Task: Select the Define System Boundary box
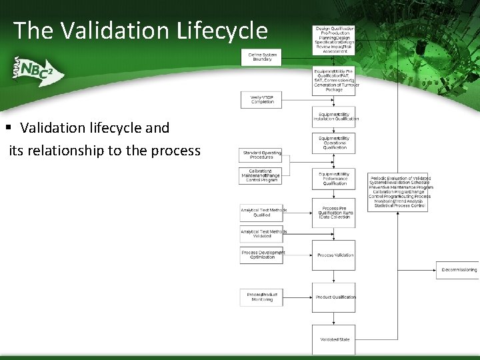[261, 57]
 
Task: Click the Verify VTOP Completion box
[261, 99]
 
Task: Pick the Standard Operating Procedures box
[261, 155]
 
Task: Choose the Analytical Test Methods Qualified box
[261, 213]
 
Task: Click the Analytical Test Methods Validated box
[261, 234]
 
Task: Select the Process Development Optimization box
[261, 255]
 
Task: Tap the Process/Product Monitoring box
[261, 297]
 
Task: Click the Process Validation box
[334, 255]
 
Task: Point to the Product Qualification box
[334, 297]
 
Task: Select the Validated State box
[334, 339]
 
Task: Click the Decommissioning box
[459, 270]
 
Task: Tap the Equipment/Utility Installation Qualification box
[334, 117]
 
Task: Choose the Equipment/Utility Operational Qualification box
[334, 143]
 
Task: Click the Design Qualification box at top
[334, 39]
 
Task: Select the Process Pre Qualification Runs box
[334, 212]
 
